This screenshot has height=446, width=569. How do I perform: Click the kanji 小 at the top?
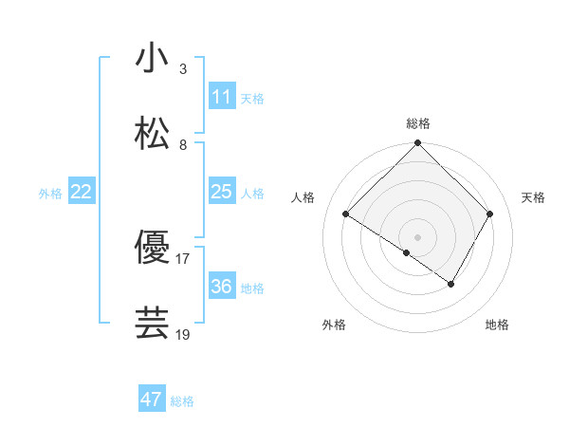click(x=153, y=58)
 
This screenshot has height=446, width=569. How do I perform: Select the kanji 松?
click(x=153, y=133)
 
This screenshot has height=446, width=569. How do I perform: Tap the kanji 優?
click(x=153, y=247)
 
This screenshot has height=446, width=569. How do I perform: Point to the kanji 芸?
click(x=153, y=323)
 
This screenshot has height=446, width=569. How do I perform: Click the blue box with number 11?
click(x=222, y=97)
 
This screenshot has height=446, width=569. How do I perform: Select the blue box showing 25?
click(x=222, y=192)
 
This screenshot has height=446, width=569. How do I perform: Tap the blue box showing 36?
click(x=222, y=287)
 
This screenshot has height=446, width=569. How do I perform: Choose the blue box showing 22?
click(x=82, y=192)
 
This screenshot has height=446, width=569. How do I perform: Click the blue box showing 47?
click(x=152, y=400)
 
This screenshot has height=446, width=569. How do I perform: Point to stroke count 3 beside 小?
click(x=183, y=69)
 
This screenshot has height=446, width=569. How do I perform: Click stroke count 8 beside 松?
click(x=183, y=145)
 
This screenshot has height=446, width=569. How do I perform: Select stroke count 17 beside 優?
click(x=183, y=258)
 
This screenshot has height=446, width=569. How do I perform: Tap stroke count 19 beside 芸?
click(x=183, y=334)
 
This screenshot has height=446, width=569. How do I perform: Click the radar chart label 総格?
click(x=417, y=123)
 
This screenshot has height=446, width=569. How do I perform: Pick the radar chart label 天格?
click(x=533, y=197)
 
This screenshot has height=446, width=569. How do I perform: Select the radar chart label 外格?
click(x=334, y=325)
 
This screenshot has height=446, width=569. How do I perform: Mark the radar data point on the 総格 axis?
click(x=417, y=144)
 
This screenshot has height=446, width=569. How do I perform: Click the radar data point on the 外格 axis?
click(x=407, y=252)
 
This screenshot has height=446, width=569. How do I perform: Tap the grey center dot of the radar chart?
click(x=417, y=236)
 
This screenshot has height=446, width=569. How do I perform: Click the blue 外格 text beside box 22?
click(x=50, y=194)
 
